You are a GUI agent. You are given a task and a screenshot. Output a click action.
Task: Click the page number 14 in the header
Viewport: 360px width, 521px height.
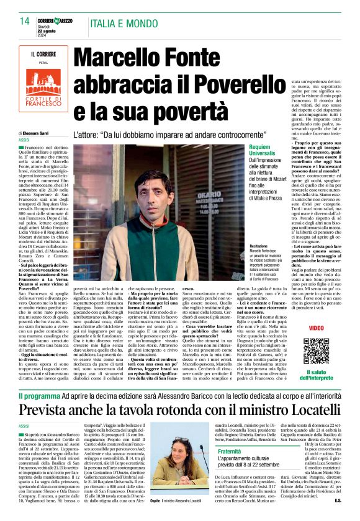24,22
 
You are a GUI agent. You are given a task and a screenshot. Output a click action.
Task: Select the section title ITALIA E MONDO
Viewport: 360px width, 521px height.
130,23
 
